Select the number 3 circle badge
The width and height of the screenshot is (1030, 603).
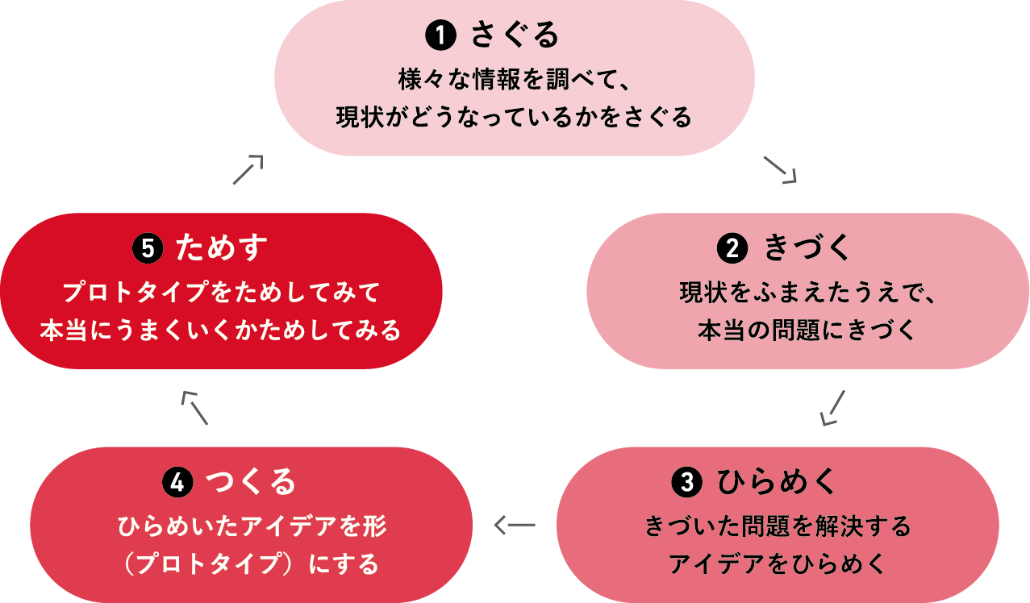click(686, 482)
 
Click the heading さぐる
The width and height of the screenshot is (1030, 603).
click(515, 35)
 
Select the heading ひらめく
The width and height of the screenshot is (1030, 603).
click(778, 482)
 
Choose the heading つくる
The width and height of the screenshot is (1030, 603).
click(251, 482)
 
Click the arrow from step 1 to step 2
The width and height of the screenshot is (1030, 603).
click(779, 169)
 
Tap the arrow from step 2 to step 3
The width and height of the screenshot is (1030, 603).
click(832, 407)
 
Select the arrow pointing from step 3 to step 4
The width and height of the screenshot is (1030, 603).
click(514, 526)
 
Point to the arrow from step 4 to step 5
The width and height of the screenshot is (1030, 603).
click(195, 407)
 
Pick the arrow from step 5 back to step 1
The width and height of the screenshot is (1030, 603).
click(248, 169)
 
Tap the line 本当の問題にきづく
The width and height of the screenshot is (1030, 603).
click(807, 331)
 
